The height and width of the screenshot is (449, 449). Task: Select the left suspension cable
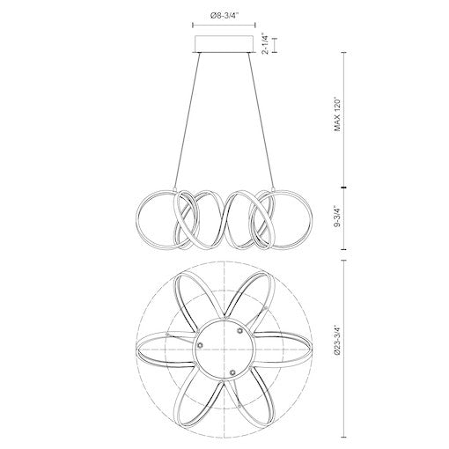click(x=189, y=123)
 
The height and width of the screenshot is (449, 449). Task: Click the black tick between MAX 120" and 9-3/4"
click(x=342, y=187)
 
